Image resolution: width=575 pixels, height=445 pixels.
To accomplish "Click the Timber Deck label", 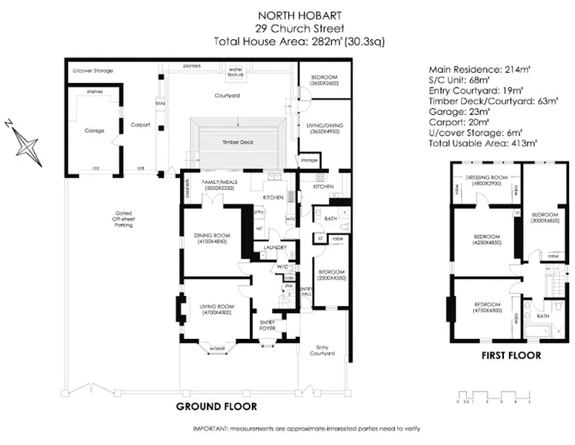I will tap(237, 141).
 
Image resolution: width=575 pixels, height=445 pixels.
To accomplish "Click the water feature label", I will tap(236, 73).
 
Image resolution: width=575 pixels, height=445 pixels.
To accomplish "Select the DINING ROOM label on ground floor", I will tap(211, 238).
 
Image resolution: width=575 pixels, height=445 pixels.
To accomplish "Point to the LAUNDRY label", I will tap(276, 248).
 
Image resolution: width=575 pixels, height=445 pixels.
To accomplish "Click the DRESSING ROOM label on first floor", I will tap(485, 179).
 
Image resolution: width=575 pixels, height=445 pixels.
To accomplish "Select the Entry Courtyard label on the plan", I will tap(322, 351).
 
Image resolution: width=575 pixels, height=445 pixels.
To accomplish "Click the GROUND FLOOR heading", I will tap(216, 406).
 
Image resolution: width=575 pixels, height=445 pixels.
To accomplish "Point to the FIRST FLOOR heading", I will tap(511, 355).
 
